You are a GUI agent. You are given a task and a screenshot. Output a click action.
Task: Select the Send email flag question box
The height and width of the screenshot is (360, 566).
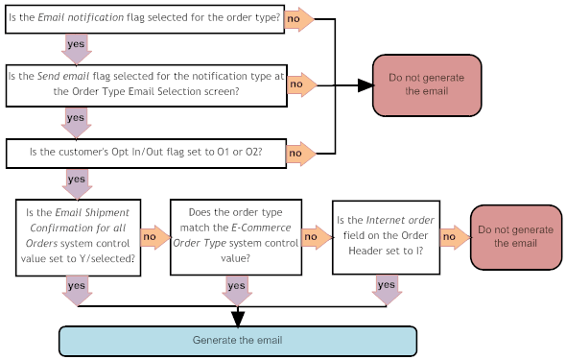(x=145, y=84)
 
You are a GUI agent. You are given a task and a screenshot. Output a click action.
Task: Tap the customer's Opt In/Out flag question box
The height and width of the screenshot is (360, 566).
(x=145, y=152)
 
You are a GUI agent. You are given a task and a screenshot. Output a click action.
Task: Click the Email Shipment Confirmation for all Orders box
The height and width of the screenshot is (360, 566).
(x=77, y=236)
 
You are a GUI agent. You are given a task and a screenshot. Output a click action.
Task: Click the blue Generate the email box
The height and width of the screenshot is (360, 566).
(x=238, y=341)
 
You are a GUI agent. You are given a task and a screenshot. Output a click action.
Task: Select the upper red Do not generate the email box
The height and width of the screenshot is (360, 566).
(x=426, y=84)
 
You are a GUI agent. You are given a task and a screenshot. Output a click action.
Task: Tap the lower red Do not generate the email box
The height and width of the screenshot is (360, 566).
(x=515, y=236)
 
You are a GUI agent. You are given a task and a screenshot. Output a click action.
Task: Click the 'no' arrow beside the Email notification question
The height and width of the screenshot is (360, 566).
(x=299, y=19)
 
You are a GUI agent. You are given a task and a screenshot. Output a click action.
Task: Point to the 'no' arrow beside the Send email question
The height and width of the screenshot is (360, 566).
(x=301, y=85)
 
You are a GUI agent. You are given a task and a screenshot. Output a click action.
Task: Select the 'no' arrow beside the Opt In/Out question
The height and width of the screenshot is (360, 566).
(x=299, y=152)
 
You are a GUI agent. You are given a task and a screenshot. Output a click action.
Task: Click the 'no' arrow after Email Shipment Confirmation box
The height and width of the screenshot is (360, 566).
(x=153, y=236)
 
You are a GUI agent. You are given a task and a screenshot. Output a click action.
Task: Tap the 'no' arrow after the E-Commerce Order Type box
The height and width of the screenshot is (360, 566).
(x=314, y=236)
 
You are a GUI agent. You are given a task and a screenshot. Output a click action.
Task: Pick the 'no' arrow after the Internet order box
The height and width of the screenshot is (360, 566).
(x=454, y=236)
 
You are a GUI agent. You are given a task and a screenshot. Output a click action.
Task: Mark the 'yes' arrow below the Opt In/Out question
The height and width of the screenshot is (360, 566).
(x=77, y=181)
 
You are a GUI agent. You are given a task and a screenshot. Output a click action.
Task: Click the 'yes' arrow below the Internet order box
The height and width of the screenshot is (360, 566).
(x=387, y=288)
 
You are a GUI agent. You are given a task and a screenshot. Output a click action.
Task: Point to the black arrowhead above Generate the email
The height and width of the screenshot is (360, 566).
(x=238, y=318)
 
